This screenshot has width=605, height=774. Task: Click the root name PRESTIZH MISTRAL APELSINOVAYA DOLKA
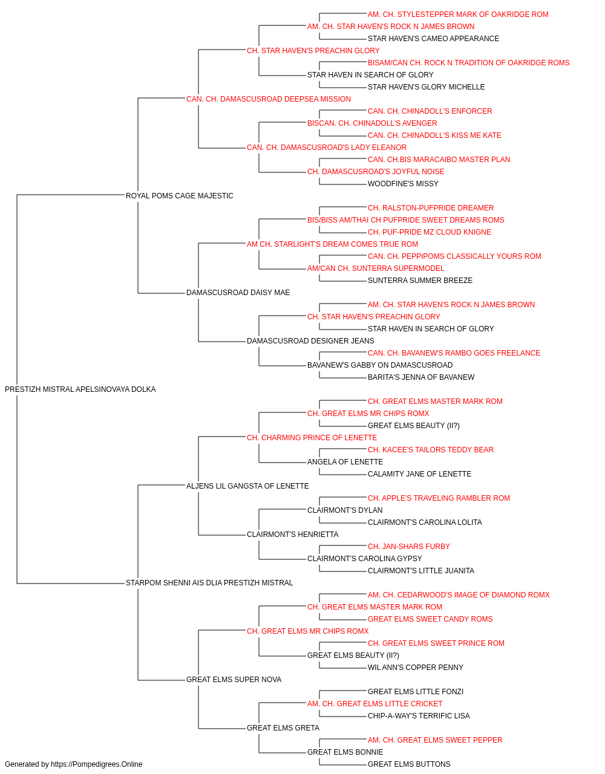coord(80,389)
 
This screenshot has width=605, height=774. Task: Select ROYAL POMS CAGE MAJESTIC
coord(180,196)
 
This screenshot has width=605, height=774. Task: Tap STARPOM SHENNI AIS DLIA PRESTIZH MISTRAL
coord(209,583)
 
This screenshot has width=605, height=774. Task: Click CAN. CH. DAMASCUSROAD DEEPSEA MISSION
coord(269,99)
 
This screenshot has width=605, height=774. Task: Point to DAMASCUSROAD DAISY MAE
coord(238,293)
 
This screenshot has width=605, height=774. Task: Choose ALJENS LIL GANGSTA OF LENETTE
coord(247,486)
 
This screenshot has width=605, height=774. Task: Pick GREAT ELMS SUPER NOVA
coord(234,679)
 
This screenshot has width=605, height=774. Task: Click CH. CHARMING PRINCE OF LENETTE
coord(312,437)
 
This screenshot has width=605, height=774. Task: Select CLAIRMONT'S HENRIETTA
coord(293,535)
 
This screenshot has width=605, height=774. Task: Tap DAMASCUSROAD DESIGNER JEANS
coord(310,341)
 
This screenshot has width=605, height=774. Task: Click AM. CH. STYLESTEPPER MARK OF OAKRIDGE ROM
coord(458,15)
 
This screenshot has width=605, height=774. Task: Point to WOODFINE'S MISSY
coord(403,184)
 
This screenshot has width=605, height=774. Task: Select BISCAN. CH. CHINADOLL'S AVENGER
coord(372,123)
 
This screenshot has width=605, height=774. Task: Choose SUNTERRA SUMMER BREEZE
coord(420,281)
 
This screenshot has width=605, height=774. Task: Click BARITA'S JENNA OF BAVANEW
coord(421,377)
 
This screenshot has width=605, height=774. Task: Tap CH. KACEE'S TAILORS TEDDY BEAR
coord(431,449)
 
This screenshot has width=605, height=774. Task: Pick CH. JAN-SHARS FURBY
coord(409,547)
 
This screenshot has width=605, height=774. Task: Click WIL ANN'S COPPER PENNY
coord(416,667)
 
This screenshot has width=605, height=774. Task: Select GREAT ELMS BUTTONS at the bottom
coord(409,764)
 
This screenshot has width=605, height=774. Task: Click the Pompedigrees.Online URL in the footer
coord(97,764)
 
